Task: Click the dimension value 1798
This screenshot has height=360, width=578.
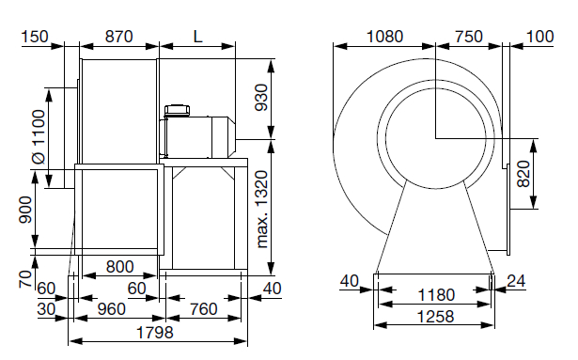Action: pos(154,333)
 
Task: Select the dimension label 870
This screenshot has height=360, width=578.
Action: pos(118,37)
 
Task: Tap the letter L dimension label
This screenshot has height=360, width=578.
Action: pos(198,37)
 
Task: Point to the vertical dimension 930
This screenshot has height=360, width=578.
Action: pos(261,98)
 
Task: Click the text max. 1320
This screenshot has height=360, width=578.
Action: pos(261,210)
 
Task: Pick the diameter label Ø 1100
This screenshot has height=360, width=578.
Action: pos(39,137)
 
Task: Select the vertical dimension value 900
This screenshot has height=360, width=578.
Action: pos(25,210)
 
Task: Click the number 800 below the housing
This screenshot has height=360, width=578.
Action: pos(119,267)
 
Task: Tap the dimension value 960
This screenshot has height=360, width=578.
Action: pos(111,309)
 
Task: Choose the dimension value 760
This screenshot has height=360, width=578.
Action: pos(204,309)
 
